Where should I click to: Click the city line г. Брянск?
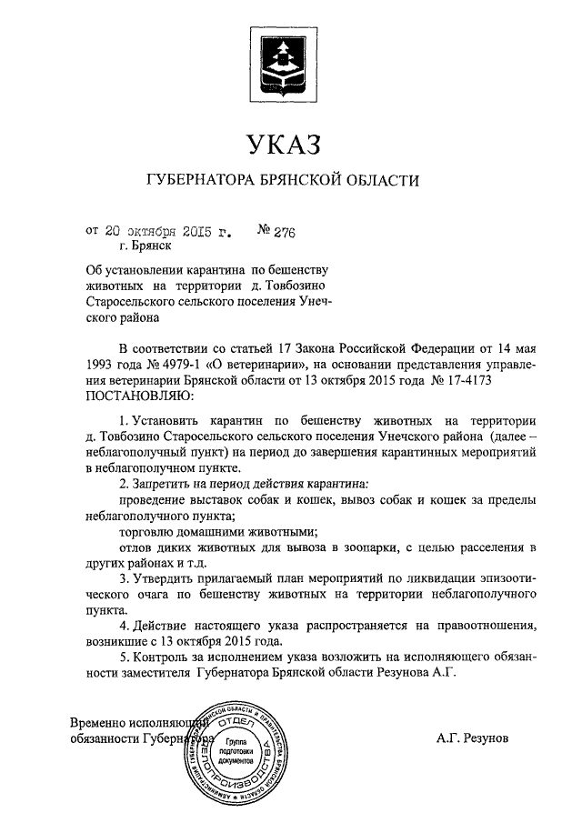point(144,245)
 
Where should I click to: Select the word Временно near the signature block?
point(102,723)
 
